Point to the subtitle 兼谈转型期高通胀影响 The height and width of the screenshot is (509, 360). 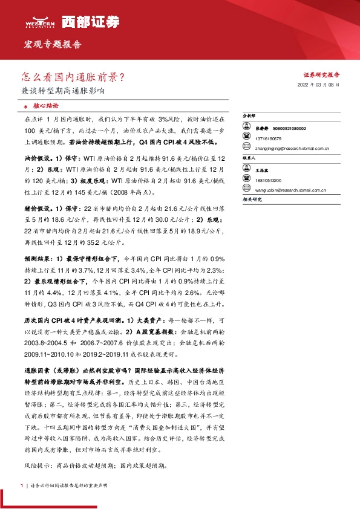click(63, 92)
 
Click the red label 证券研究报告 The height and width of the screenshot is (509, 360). click(321, 75)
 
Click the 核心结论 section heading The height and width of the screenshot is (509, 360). click(42, 105)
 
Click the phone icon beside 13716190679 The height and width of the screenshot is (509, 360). click(246, 138)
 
